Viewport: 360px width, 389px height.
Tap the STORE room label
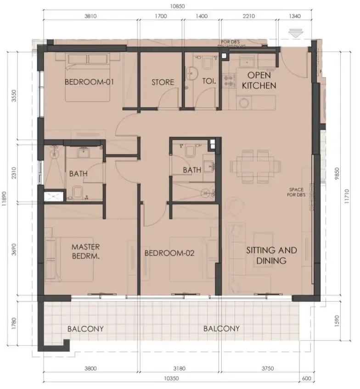pyautogui.click(x=163, y=83)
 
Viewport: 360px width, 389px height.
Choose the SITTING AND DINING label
pyautogui.click(x=271, y=256)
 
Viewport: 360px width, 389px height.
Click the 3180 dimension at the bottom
pyautogui.click(x=180, y=368)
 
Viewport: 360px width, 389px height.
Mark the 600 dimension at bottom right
pyautogui.click(x=307, y=378)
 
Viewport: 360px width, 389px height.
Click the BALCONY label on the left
pyautogui.click(x=85, y=329)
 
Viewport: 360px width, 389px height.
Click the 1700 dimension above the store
pyautogui.click(x=161, y=16)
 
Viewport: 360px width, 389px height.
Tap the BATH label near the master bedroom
pyautogui.click(x=79, y=174)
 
